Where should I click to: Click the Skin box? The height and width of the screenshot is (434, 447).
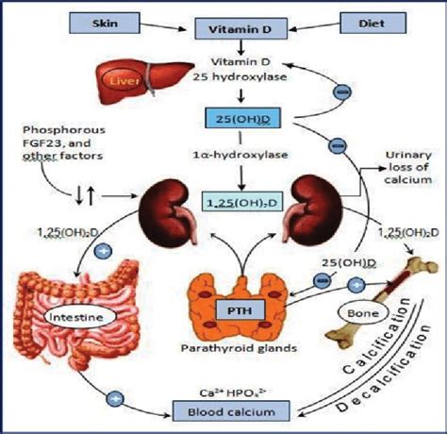point(105,23)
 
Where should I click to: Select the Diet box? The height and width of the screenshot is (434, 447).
point(372,23)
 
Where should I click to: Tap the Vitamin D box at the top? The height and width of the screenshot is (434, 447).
point(240,28)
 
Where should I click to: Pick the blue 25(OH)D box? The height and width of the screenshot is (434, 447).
point(242,118)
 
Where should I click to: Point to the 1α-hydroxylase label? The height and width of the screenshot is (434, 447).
point(240,155)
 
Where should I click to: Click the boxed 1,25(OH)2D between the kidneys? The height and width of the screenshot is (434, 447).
point(241,202)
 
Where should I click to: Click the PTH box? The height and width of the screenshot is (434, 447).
point(240,310)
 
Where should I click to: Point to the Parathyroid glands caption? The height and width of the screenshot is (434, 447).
point(239,348)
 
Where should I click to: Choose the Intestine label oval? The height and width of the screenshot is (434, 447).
point(76,317)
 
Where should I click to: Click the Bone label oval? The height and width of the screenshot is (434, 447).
point(363,313)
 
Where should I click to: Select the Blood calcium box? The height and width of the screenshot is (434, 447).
point(231,411)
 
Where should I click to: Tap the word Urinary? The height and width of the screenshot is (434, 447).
point(408,155)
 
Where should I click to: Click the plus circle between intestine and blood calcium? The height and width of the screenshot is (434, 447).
point(115,399)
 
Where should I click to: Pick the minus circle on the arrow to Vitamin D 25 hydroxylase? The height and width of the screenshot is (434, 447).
point(342,92)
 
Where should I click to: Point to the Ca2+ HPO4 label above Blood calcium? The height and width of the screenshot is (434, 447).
point(233,392)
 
